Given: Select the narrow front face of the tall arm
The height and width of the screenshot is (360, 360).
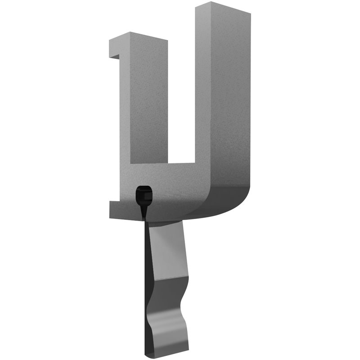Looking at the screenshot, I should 202,90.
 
